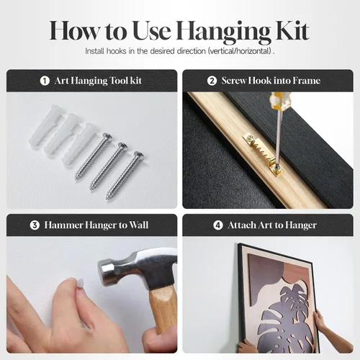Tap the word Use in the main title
(x=152, y=31)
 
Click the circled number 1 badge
(x=45, y=81)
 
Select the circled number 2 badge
(x=212, y=81)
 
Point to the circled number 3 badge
(x=35, y=225)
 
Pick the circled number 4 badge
(x=218, y=225)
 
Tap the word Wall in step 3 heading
(x=139, y=225)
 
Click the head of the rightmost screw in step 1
(x=139, y=156)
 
